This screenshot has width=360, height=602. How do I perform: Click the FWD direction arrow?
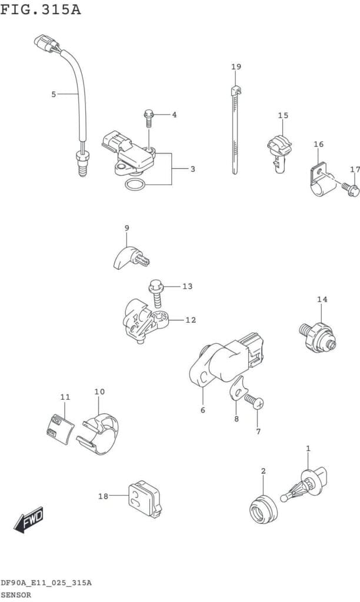(x=29, y=520)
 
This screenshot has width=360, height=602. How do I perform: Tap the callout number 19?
(x=236, y=67)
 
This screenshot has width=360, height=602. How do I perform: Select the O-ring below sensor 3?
(x=135, y=185)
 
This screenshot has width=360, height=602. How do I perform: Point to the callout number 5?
(x=54, y=94)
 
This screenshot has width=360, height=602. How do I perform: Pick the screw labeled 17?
(x=351, y=189)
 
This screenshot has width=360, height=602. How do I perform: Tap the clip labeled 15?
(x=279, y=152)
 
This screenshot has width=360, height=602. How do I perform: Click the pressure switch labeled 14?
(x=318, y=336)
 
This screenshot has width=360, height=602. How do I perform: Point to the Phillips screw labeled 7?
(x=254, y=401)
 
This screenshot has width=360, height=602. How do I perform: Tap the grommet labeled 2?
(x=263, y=511)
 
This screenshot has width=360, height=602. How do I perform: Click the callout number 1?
(x=308, y=448)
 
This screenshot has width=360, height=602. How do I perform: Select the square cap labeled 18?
(x=144, y=499)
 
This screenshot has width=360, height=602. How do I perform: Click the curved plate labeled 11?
(x=59, y=429)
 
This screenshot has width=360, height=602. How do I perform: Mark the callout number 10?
(x=99, y=392)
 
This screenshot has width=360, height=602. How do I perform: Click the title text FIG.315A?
(x=41, y=9)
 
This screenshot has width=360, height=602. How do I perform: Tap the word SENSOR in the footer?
(x=16, y=595)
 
